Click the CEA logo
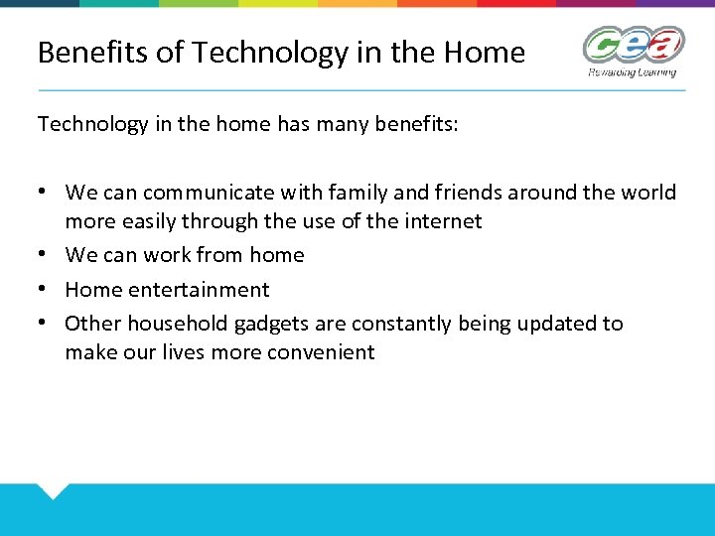pyautogui.click(x=634, y=46)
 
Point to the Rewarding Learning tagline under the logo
pyautogui.click(x=632, y=72)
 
